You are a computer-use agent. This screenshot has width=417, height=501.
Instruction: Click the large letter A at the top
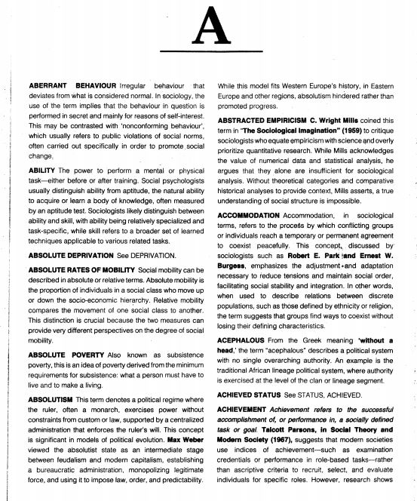[207, 31]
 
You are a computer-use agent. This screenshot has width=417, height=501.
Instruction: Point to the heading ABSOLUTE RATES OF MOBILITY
[81, 269]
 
